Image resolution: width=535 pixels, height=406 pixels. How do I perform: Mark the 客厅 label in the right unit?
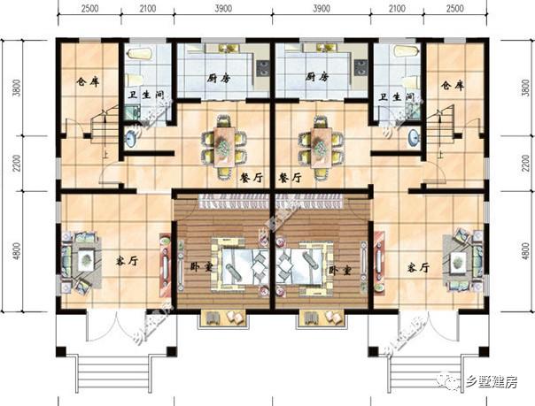(418, 266)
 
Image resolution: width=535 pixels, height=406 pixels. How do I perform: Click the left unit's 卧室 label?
(200, 266)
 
